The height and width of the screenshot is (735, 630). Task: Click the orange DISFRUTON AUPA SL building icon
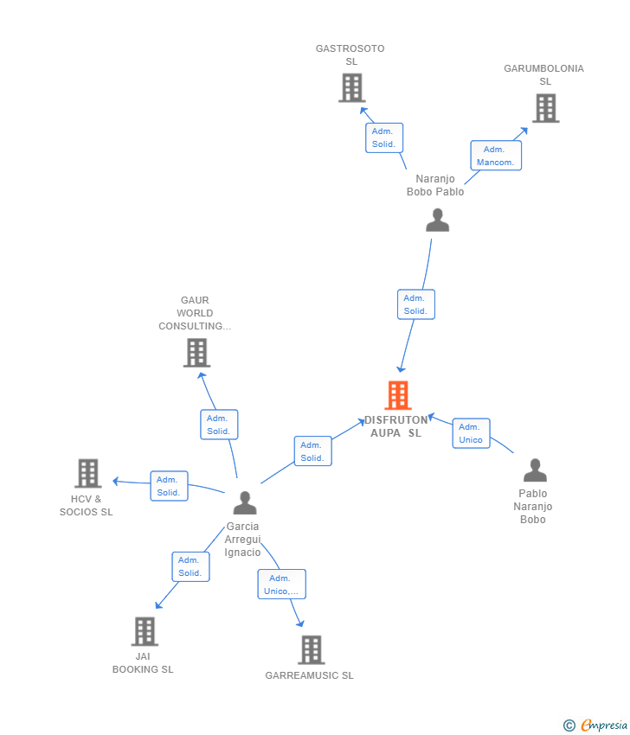pyautogui.click(x=398, y=395)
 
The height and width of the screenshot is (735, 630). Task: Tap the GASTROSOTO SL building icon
pyautogui.click(x=352, y=87)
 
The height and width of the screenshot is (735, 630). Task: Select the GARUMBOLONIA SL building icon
pyautogui.click(x=546, y=108)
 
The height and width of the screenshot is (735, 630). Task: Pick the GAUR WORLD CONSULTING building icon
pyautogui.click(x=196, y=353)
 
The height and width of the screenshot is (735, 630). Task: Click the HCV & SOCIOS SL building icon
pyautogui.click(x=88, y=473)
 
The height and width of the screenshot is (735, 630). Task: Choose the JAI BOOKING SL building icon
pyautogui.click(x=145, y=631)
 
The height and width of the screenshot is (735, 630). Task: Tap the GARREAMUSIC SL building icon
pyautogui.click(x=312, y=649)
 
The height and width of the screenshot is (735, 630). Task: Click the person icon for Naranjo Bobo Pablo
pyautogui.click(x=438, y=220)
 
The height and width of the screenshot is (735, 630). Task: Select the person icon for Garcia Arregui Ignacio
pyautogui.click(x=245, y=502)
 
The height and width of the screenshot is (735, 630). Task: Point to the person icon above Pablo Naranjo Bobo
pyautogui.click(x=536, y=470)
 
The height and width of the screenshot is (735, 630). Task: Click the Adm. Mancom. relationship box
pyautogui.click(x=496, y=155)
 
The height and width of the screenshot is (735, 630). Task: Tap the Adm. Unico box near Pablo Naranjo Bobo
pyautogui.click(x=471, y=433)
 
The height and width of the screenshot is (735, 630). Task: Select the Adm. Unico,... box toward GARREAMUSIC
pyautogui.click(x=281, y=584)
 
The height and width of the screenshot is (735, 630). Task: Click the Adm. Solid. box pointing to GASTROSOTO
pyautogui.click(x=384, y=137)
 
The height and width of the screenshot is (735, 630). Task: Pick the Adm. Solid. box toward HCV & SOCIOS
pyautogui.click(x=169, y=486)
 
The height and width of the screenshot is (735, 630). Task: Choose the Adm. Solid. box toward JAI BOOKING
pyautogui.click(x=190, y=566)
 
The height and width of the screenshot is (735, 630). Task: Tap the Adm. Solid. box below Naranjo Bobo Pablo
pyautogui.click(x=416, y=304)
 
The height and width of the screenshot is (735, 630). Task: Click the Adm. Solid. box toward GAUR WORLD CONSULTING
pyautogui.click(x=219, y=425)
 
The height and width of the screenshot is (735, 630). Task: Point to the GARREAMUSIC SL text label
pyautogui.click(x=309, y=675)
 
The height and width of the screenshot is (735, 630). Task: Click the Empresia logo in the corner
pyautogui.click(x=595, y=725)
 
